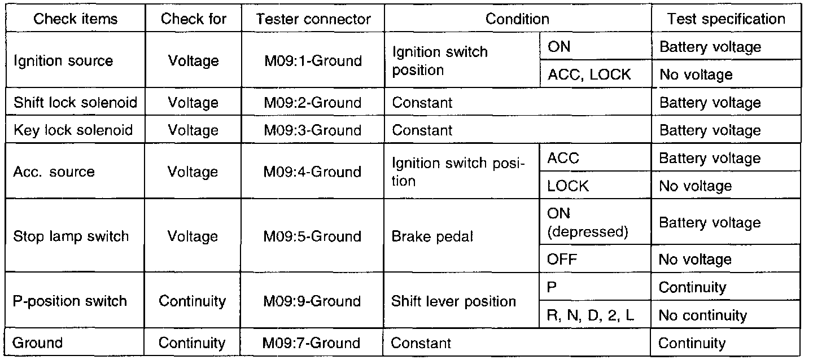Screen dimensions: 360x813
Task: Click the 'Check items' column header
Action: [x=75, y=19]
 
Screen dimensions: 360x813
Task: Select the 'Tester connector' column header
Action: [x=313, y=19]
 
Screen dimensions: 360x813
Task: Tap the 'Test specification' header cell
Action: [x=726, y=19]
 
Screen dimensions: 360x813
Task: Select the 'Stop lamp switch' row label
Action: [x=71, y=236]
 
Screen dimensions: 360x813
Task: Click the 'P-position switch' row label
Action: [x=70, y=301]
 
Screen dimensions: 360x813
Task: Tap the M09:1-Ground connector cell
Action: [x=313, y=61]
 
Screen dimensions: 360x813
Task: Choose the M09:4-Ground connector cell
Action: [x=313, y=172]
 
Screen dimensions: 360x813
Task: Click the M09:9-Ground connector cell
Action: [x=313, y=301]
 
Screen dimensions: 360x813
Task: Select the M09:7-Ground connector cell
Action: [x=312, y=343]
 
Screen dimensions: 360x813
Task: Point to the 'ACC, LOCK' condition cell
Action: [x=589, y=74]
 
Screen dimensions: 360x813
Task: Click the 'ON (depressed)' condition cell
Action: [x=588, y=223]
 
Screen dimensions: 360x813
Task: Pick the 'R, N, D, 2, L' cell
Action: [x=591, y=315]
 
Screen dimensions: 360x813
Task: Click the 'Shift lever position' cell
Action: [x=453, y=301]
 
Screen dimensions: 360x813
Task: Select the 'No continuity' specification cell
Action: [x=702, y=315]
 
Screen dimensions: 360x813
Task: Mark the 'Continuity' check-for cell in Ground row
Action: [x=192, y=343]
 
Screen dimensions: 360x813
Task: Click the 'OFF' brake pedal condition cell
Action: [x=563, y=259]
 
